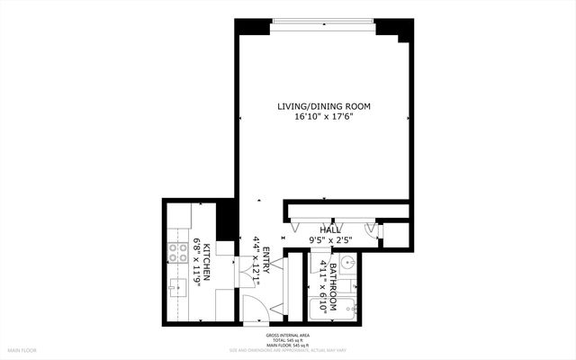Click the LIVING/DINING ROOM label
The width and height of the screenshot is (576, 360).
pyautogui.click(x=324, y=106)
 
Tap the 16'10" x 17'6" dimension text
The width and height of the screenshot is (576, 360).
pyautogui.click(x=324, y=116)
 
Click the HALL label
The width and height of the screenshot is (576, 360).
pyautogui.click(x=329, y=230)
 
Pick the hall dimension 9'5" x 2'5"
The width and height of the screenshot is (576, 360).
pyautogui.click(x=329, y=240)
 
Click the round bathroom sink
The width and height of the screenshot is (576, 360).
pyautogui.click(x=348, y=265)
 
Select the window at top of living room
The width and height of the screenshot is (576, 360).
pyautogui.click(x=323, y=22)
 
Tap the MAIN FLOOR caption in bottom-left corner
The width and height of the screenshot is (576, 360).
pyautogui.click(x=22, y=349)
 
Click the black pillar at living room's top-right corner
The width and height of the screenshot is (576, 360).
pyautogui.click(x=391, y=29)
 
